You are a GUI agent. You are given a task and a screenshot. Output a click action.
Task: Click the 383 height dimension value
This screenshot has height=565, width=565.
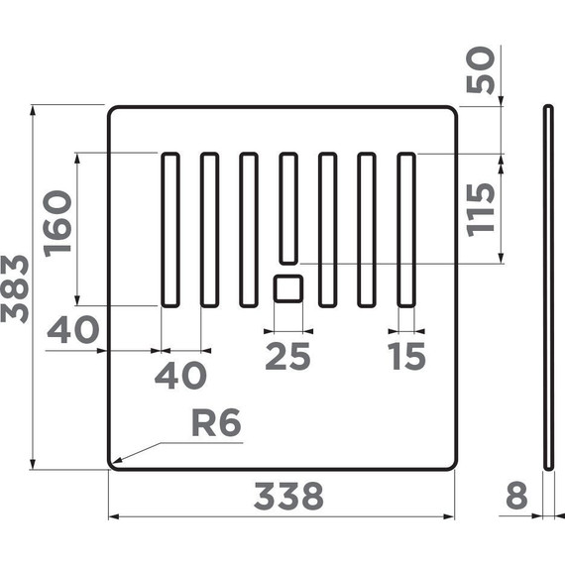(16, 287)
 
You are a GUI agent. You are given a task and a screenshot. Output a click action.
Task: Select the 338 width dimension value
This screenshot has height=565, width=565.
(288, 496)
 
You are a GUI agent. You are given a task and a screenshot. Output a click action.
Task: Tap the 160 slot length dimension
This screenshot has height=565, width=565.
(57, 221)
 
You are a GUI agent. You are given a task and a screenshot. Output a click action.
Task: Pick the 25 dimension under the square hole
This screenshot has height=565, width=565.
(287, 356)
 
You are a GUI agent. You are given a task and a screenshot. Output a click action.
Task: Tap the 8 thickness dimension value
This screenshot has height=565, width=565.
(515, 496)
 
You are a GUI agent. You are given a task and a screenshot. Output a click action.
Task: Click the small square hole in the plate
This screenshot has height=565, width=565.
(287, 288)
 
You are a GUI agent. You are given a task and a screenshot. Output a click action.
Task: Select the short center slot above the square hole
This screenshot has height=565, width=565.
(288, 207)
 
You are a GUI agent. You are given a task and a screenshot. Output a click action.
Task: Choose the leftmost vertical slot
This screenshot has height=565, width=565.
(170, 230)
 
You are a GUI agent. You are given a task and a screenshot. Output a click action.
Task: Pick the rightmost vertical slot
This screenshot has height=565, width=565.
(405, 230)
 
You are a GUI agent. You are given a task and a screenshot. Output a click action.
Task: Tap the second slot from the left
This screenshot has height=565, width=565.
(209, 230)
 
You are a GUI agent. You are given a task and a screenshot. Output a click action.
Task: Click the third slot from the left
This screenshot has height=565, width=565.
(249, 230)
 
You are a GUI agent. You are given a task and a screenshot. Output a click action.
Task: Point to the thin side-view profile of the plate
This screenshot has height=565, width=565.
(549, 287)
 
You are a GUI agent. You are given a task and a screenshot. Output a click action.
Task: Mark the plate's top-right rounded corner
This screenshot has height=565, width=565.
(452, 111)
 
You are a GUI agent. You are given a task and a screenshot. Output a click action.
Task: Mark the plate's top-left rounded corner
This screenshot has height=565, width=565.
(113, 111)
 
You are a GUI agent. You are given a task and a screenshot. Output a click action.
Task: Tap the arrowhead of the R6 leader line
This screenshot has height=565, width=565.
(114, 462)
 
